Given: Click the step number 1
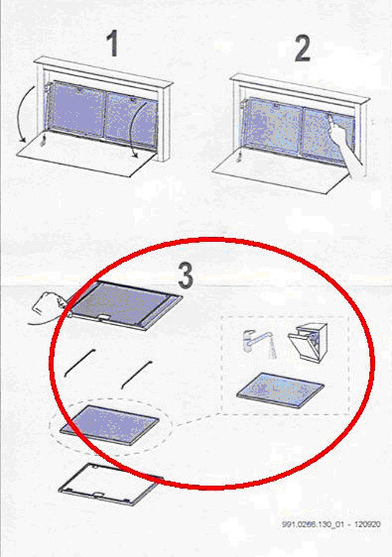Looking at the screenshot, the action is [x=113, y=44].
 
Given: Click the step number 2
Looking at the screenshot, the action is [x=303, y=48].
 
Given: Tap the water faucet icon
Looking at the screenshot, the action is [x=260, y=344].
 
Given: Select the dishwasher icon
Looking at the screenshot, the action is [x=308, y=342].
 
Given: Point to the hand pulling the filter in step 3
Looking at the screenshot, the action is [x=48, y=307].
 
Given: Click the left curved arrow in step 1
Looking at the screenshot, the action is [x=24, y=114].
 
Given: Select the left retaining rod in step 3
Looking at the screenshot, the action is [x=79, y=363].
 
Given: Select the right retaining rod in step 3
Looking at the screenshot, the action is [x=137, y=375].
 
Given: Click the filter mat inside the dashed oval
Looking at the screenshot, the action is [x=109, y=425].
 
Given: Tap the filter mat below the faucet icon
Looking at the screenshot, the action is [x=280, y=390].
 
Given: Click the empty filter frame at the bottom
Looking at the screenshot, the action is [x=111, y=485].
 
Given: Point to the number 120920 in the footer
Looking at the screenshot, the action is [x=367, y=524].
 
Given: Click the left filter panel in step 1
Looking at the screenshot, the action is [x=77, y=108].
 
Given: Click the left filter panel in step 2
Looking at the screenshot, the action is [x=273, y=124].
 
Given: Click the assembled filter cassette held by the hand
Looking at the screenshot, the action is [x=124, y=305].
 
